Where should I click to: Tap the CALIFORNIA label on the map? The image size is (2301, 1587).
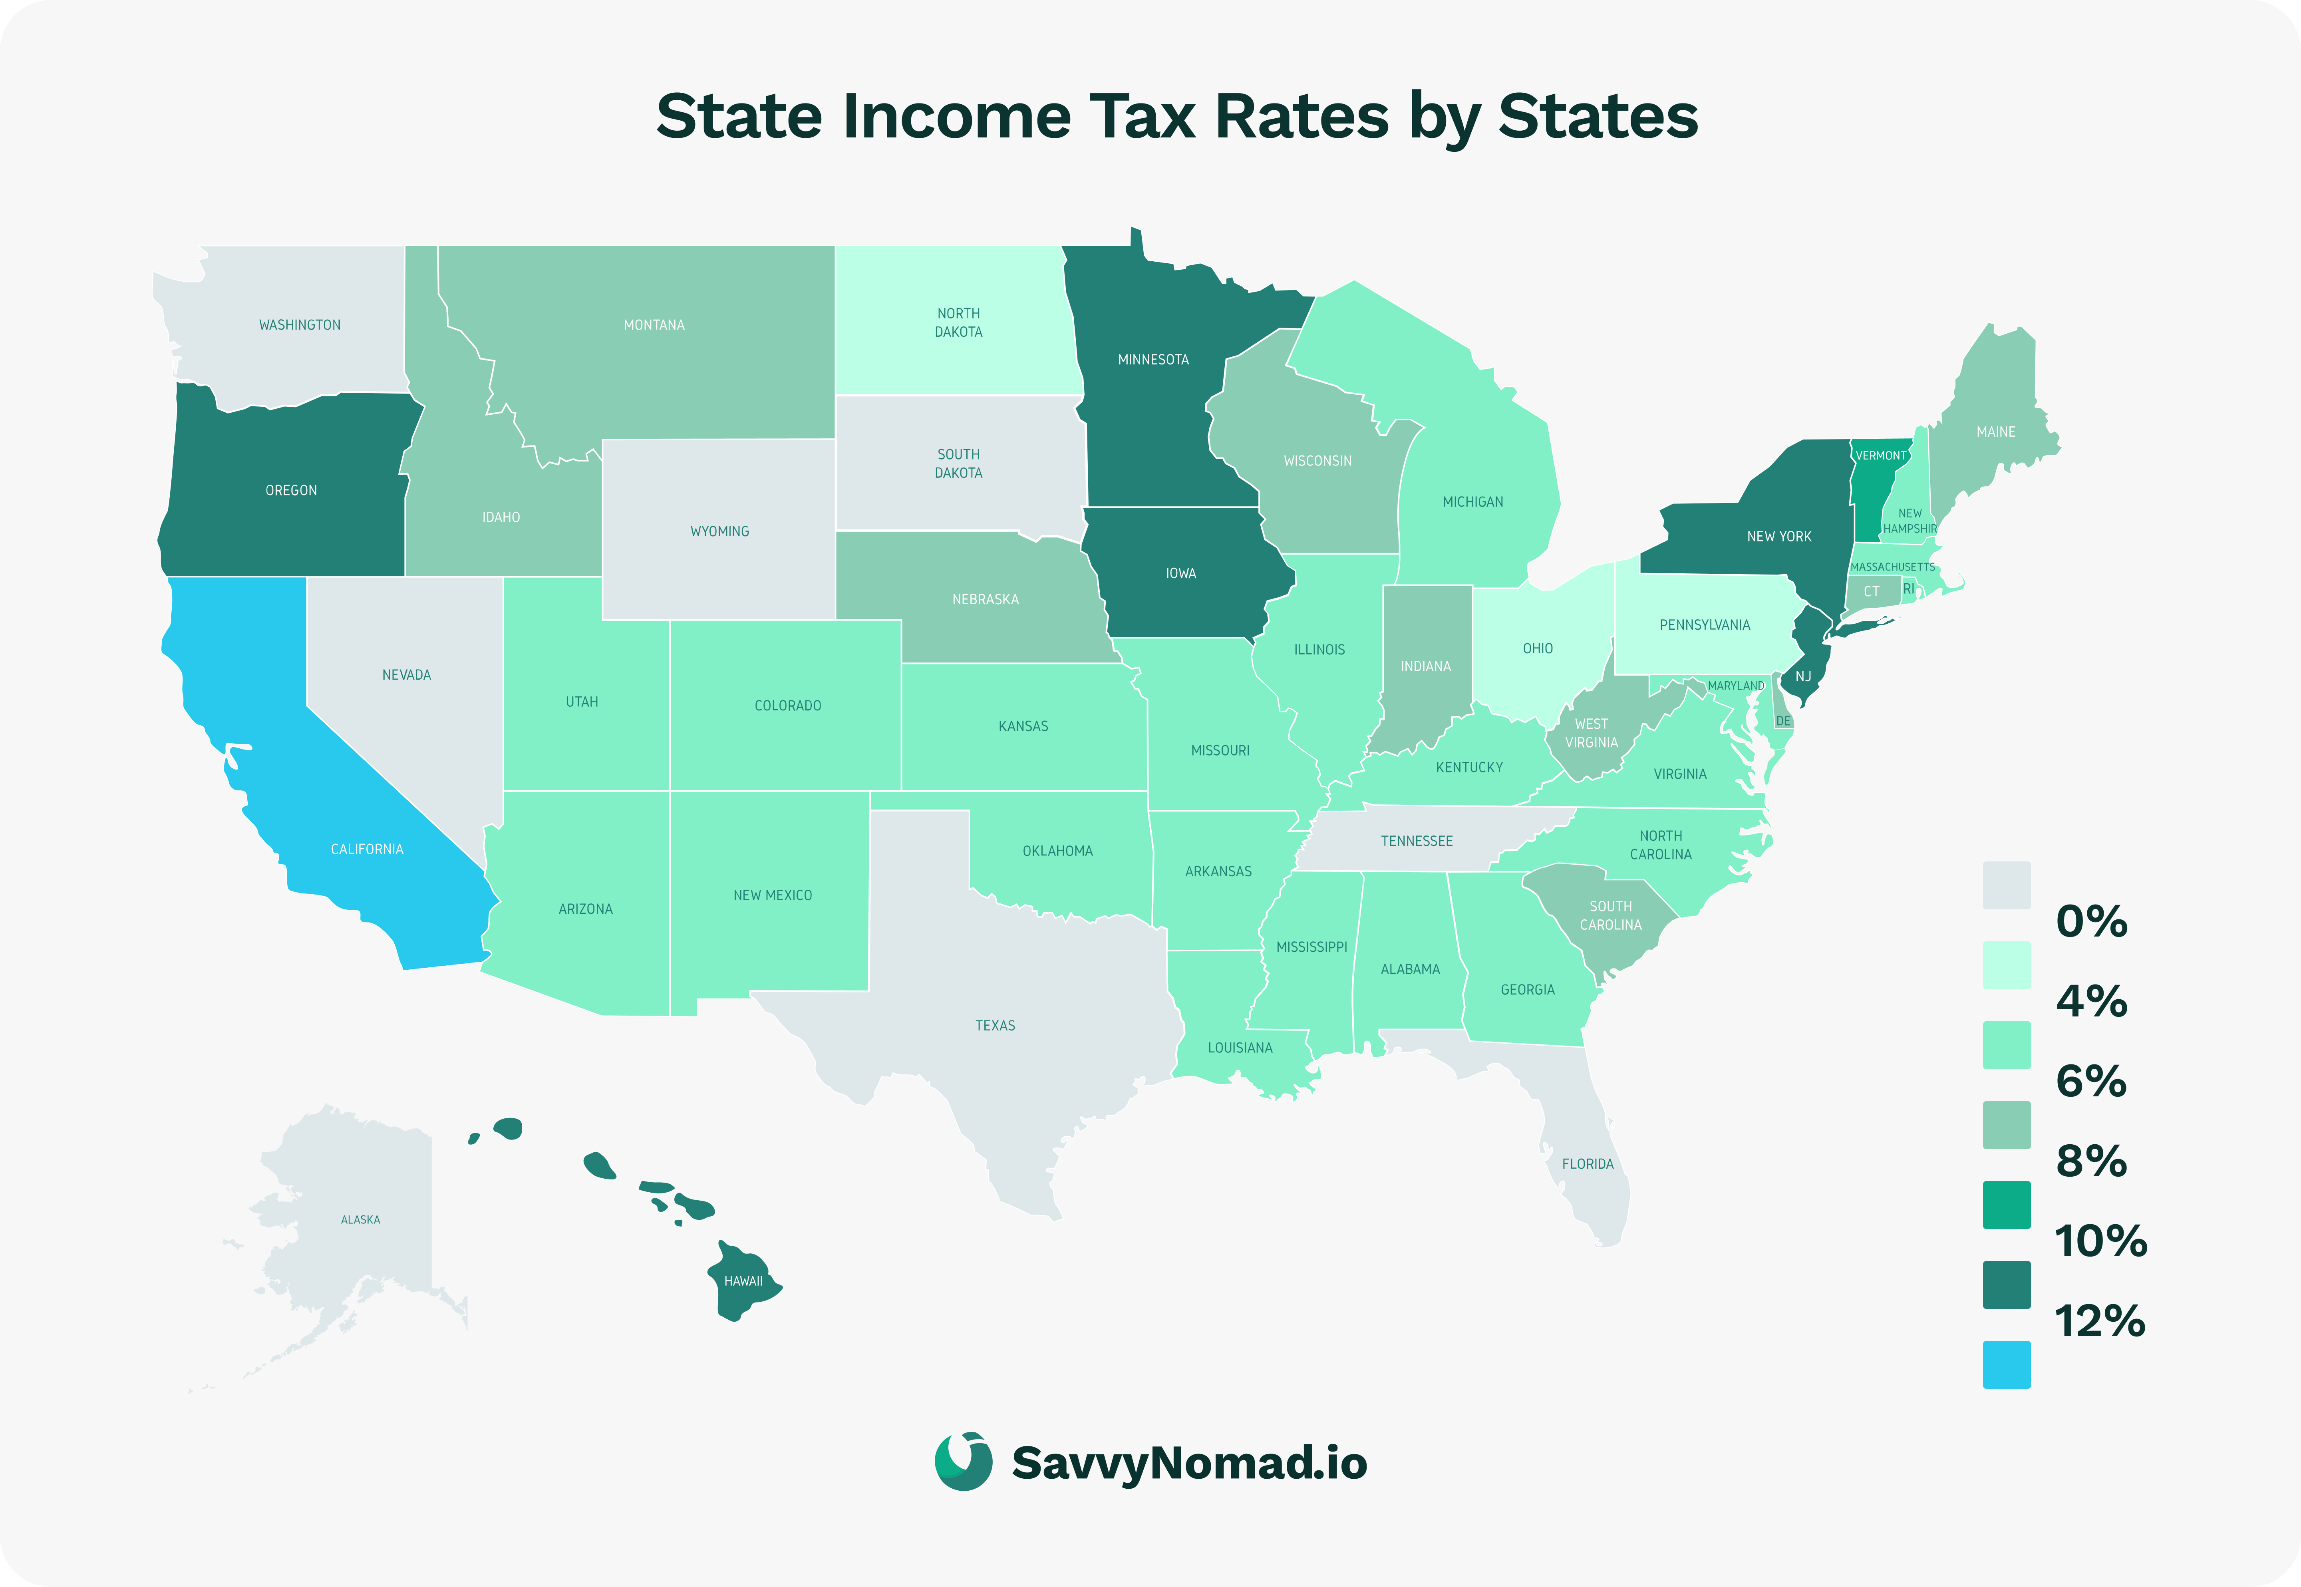[x=367, y=849]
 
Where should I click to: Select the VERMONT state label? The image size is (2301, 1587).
[x=1881, y=455]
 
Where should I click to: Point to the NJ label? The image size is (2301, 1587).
[x=1803, y=676]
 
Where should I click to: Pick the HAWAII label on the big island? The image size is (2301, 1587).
[x=743, y=1281]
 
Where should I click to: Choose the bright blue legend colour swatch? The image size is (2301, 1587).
[x=2006, y=1364]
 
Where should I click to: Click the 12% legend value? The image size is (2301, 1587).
[x=2099, y=1322]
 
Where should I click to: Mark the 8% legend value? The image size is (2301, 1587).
[x=2091, y=1161]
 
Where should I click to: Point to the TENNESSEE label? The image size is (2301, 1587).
[x=1417, y=841]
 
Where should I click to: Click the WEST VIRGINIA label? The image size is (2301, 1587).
[x=1591, y=733]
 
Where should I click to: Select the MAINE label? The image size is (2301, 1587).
[x=1996, y=432]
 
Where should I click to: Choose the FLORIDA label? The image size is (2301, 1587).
[x=1588, y=1163]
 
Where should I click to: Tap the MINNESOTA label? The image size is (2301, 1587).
[x=1153, y=360]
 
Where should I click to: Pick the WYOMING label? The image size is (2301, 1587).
[x=719, y=531]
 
